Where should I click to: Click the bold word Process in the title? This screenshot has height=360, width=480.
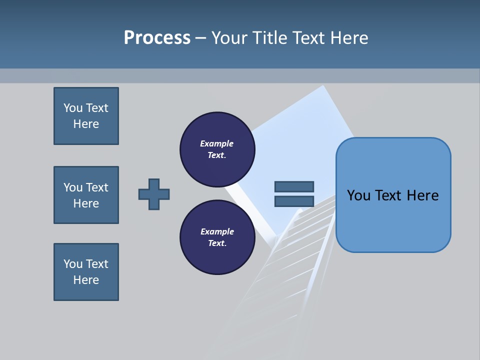click(157, 38)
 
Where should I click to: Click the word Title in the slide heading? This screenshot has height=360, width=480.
click(270, 38)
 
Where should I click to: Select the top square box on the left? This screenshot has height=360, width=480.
click(86, 116)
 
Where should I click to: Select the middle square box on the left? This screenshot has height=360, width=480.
click(86, 195)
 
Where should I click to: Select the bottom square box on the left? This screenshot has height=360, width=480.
click(86, 272)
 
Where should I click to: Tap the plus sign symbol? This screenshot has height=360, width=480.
click(154, 194)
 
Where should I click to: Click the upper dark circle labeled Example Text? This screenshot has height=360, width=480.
click(217, 149)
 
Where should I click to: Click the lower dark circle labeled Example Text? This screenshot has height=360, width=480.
click(217, 237)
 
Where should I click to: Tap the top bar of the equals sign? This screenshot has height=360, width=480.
click(294, 187)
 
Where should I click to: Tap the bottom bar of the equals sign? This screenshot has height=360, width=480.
click(294, 201)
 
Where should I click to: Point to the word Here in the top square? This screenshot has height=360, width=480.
click(86, 124)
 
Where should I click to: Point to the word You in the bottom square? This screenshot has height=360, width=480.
click(73, 264)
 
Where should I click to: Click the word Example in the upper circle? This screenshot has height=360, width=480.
click(217, 144)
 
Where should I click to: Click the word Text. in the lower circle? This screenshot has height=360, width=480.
click(217, 243)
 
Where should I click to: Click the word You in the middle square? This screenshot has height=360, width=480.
click(73, 187)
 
